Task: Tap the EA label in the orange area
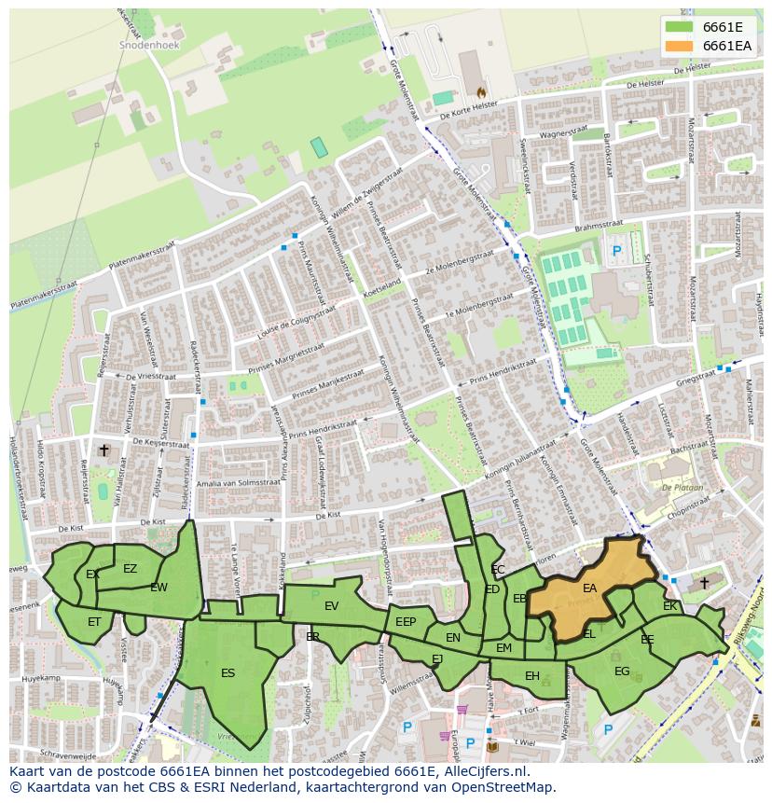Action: pyautogui.click(x=589, y=588)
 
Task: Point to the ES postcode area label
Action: pyautogui.click(x=227, y=672)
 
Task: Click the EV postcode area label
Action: pyautogui.click(x=331, y=606)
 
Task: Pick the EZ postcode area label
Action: pyautogui.click(x=130, y=569)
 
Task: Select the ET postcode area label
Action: pyautogui.click(x=94, y=621)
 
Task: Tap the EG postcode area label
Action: pyautogui.click(x=622, y=671)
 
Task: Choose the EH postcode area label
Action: pyautogui.click(x=531, y=676)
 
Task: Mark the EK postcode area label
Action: pyautogui.click(x=669, y=606)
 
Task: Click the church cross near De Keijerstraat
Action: pyautogui.click(x=103, y=450)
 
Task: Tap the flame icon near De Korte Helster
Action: pyautogui.click(x=481, y=92)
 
